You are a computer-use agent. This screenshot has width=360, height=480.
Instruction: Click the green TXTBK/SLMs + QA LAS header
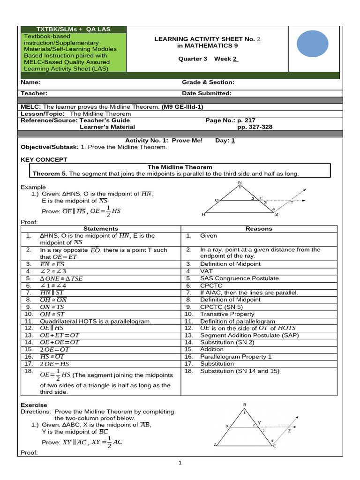tap(74, 29)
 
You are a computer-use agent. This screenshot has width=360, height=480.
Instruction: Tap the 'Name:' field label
tap(30, 82)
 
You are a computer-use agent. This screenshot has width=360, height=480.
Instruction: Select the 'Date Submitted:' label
tap(206, 93)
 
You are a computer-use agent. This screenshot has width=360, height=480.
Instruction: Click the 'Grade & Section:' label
tap(208, 82)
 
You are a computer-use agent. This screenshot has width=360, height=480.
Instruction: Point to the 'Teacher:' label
tap(34, 93)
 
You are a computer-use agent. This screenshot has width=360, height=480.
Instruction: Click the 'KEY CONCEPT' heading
tap(44, 160)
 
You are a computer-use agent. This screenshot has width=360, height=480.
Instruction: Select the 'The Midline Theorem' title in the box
tap(180, 167)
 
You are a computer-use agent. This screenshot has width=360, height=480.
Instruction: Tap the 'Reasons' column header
tap(259, 229)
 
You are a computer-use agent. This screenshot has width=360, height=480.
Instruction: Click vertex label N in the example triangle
tap(240, 182)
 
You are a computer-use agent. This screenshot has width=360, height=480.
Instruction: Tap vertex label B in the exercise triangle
tap(244, 405)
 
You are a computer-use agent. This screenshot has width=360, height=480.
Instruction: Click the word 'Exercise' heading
tap(34, 405)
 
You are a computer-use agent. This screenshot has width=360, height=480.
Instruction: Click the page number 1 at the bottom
tap(180, 463)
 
